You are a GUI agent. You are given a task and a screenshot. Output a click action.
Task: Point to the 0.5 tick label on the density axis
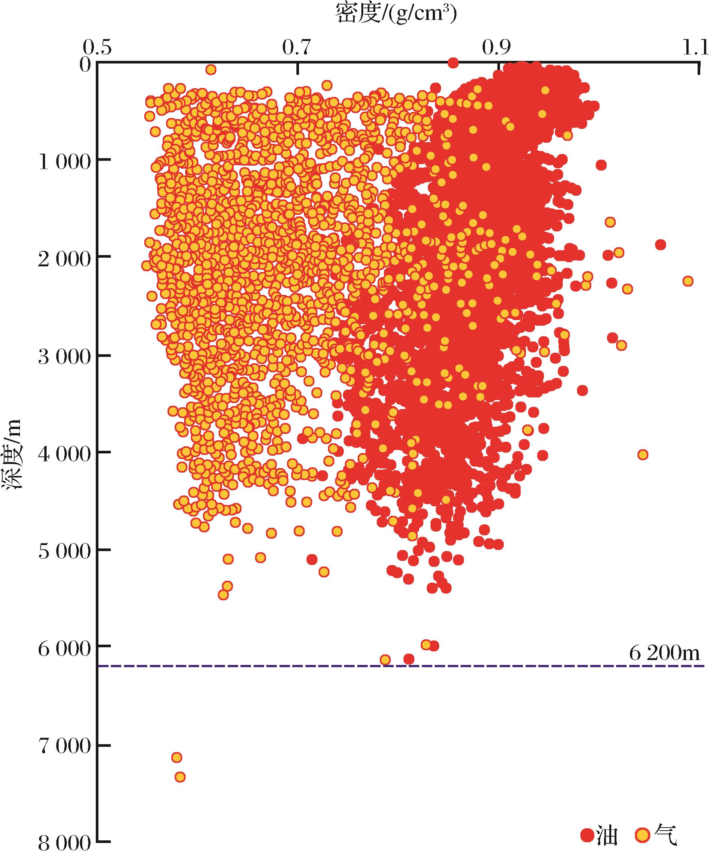click(x=97, y=48)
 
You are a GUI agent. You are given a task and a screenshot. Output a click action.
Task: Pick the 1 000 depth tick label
click(x=64, y=162)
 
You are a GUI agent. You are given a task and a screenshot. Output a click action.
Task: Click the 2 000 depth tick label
click(x=64, y=258)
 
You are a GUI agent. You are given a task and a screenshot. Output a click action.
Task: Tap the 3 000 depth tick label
click(x=64, y=357)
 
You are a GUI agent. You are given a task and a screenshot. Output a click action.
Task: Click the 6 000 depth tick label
click(x=64, y=648)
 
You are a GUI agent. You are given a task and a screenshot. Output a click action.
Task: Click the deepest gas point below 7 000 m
click(x=180, y=777)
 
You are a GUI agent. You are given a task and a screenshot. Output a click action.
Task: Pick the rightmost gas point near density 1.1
click(x=687, y=281)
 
